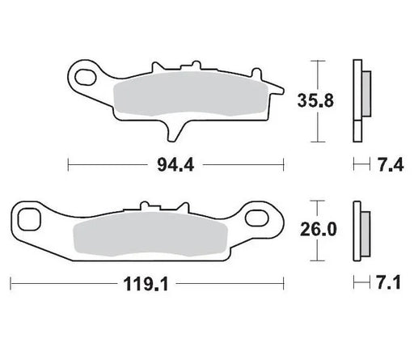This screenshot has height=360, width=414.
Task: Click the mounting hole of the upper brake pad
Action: click(x=82, y=76)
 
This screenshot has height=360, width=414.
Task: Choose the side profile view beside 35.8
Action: click(x=360, y=90)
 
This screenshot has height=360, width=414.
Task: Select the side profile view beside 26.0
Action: click(x=360, y=230)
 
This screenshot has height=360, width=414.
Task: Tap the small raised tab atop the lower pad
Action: click(x=146, y=208)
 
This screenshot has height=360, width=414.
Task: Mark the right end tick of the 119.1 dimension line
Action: click(x=285, y=285)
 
